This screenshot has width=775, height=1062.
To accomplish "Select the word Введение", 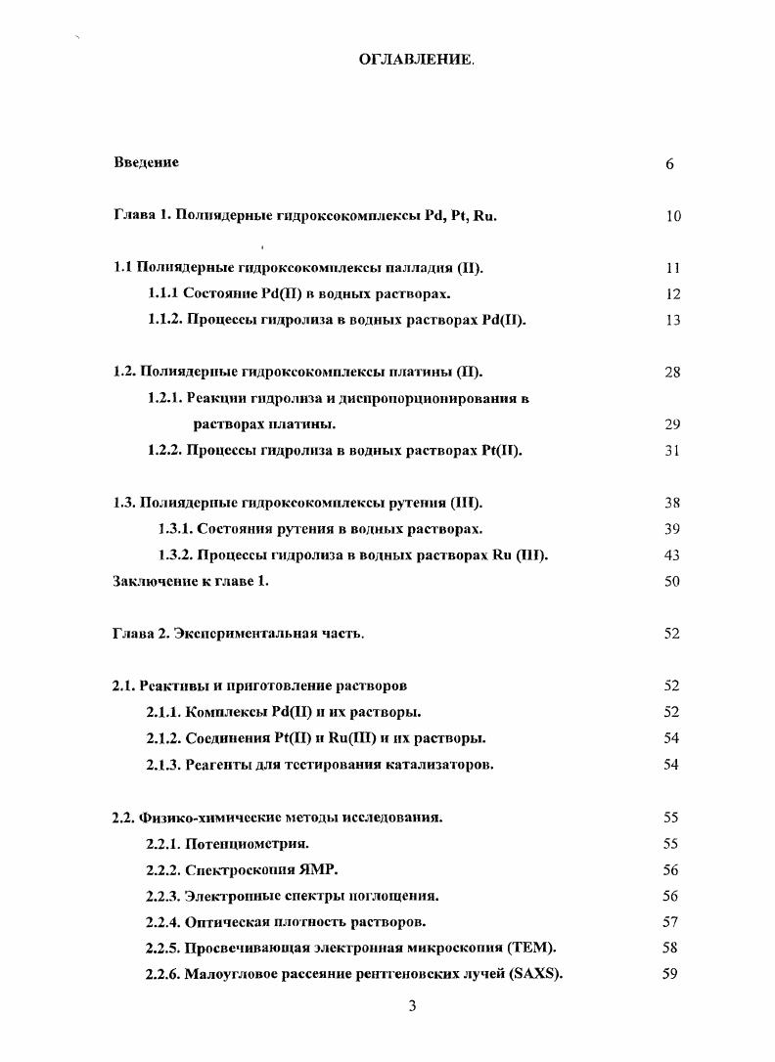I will click(146, 163).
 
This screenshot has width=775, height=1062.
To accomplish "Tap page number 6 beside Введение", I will click(670, 164).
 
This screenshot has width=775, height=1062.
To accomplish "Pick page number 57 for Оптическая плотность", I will click(671, 921).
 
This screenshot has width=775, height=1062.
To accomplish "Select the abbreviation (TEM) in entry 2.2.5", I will click(536, 948).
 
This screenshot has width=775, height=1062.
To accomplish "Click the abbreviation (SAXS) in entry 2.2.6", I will click(535, 974).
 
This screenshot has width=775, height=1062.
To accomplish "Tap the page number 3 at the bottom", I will click(412, 1008).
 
